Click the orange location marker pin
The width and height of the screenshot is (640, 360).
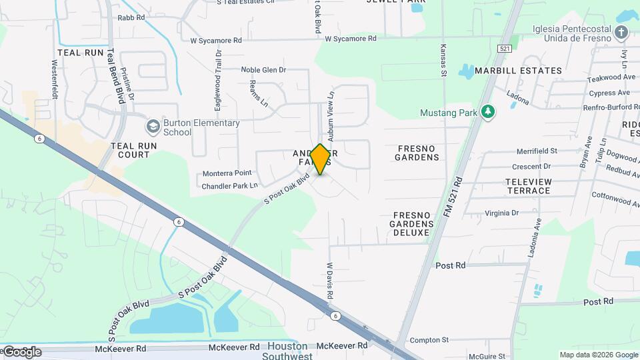point(321,159)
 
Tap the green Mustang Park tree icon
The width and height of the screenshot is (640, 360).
point(489,112)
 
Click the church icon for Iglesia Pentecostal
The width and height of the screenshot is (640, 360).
point(621,33)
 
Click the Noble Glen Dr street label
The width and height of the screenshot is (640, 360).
point(263,69)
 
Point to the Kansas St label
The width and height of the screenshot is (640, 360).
point(443,61)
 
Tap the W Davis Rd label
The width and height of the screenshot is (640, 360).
point(329,280)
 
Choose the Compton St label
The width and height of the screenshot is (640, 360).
point(429,340)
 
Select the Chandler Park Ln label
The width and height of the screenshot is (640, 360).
point(229,186)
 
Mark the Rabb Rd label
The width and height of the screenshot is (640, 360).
point(131,17)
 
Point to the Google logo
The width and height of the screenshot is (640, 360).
point(22,351)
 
